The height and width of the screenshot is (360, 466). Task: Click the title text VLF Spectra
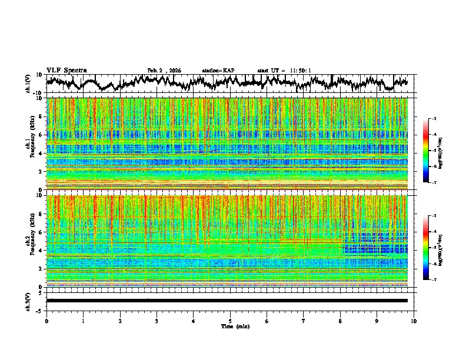66,70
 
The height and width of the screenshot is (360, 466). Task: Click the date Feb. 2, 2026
164,71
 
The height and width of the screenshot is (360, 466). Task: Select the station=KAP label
218,71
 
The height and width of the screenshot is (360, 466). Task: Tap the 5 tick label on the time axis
230,321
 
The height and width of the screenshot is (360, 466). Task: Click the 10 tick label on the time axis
414,321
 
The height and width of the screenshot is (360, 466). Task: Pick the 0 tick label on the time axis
46,321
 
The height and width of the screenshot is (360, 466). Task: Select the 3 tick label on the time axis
157,321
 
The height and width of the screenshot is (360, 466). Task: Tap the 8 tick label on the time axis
340,321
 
